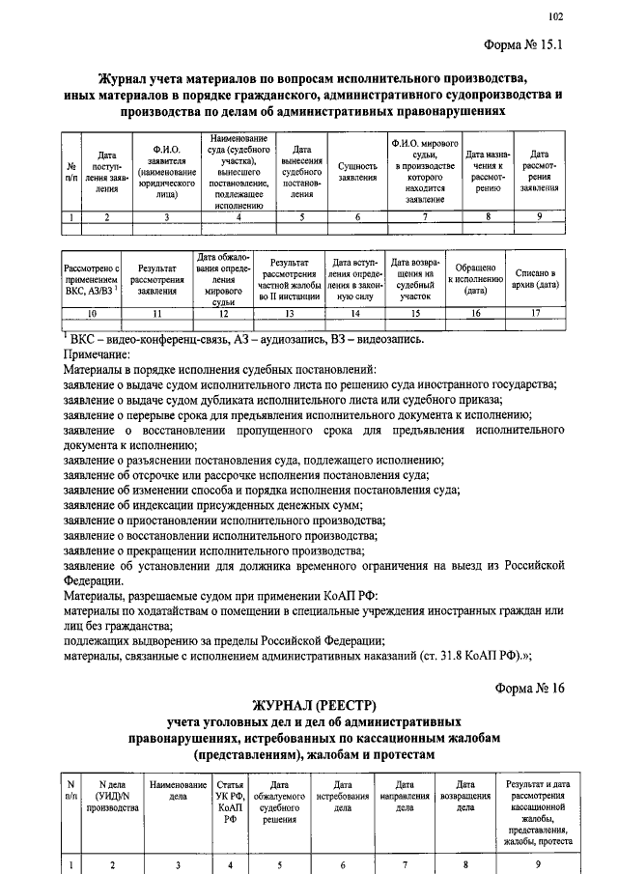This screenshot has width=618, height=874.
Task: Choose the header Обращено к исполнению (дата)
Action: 474,277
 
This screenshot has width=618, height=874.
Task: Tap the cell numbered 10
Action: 91,314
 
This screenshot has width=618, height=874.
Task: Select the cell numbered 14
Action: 355,314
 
